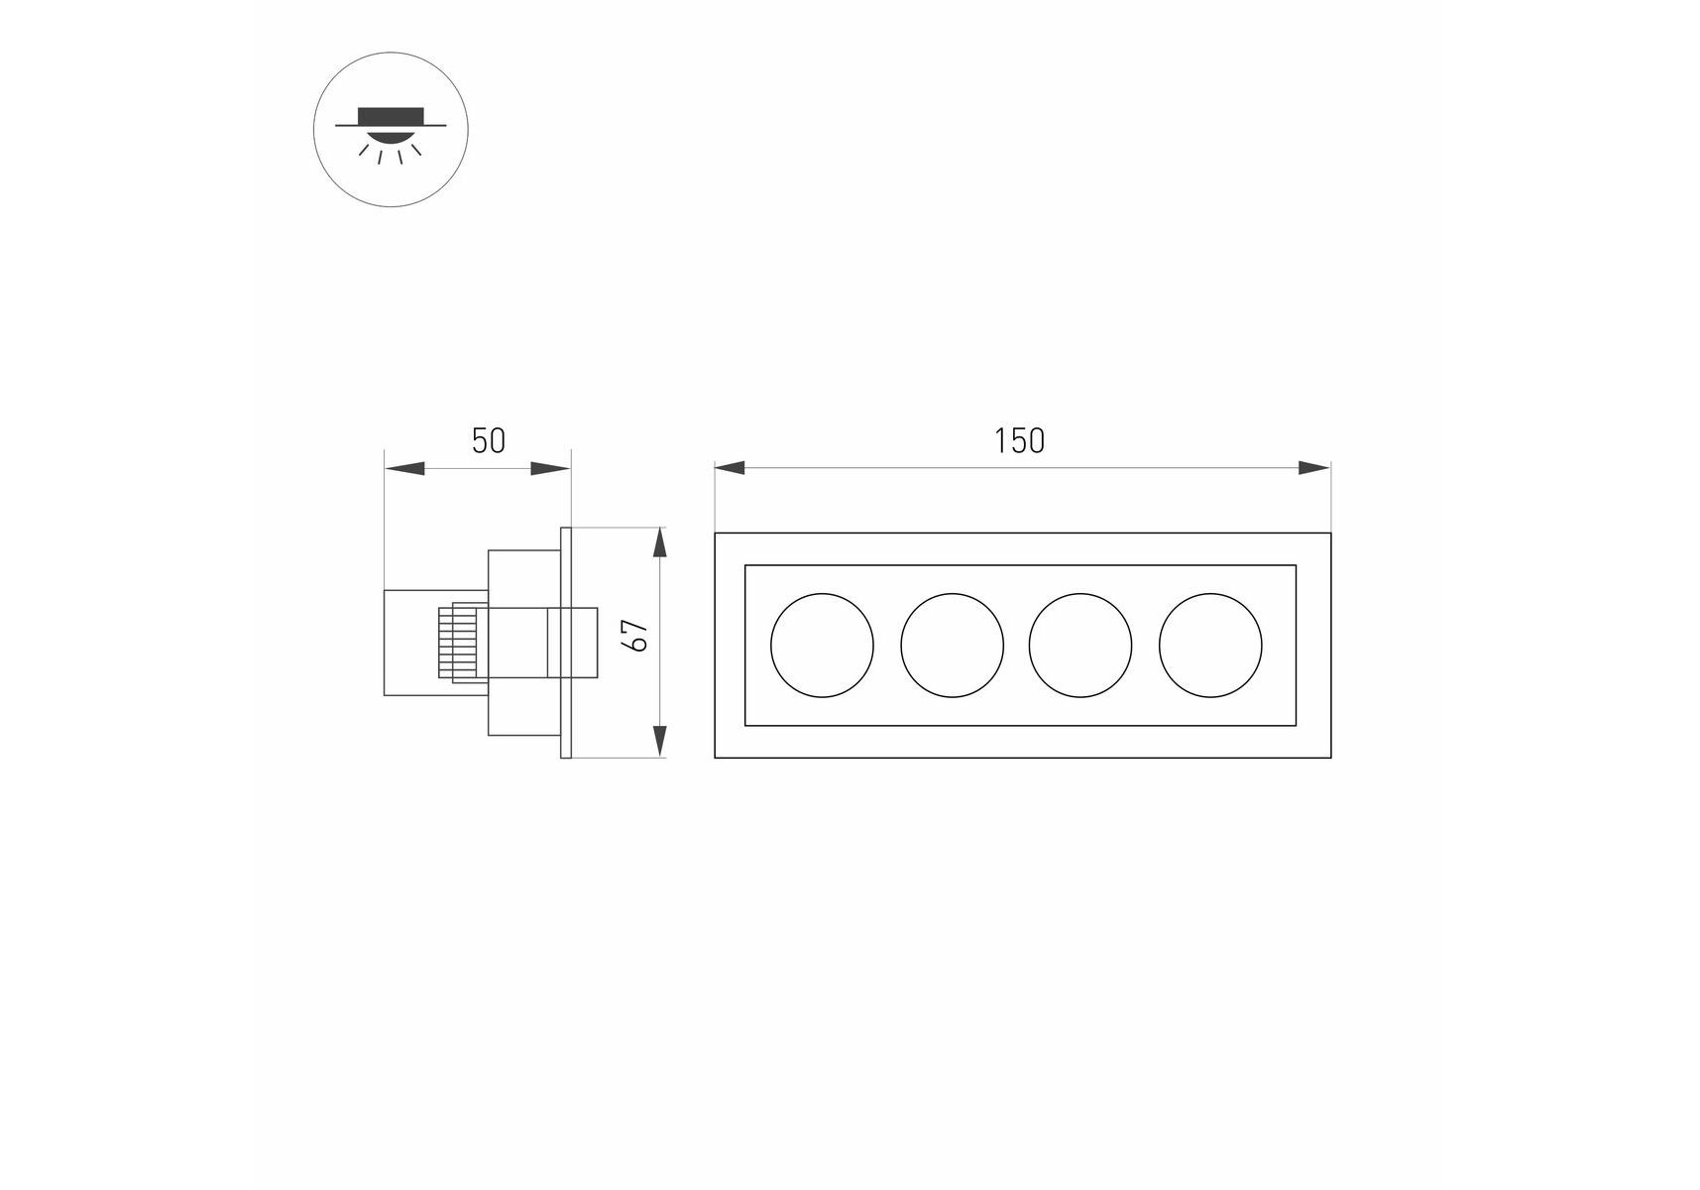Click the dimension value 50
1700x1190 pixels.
coord(488,441)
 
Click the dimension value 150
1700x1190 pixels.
coord(1019,441)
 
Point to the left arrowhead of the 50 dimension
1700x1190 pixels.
coord(403,468)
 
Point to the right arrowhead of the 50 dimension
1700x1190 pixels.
coord(551,468)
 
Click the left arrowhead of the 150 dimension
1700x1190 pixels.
coord(730,468)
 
